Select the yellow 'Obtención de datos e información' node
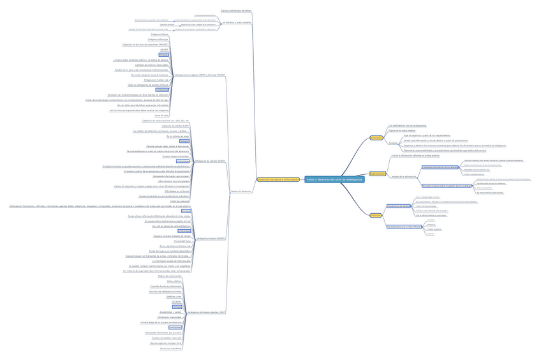(x=278, y=179)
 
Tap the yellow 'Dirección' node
(x=376, y=138)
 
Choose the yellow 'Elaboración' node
(x=377, y=174)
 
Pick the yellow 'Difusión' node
(x=375, y=216)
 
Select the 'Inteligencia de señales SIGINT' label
(x=210, y=161)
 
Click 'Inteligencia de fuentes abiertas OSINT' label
(x=207, y=313)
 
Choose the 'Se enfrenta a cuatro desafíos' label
(x=237, y=22)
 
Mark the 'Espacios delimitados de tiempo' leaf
(x=236, y=11)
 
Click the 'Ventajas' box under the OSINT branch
(x=177, y=307)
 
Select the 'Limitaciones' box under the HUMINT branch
(x=167, y=231)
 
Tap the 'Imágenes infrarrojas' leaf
(x=159, y=39)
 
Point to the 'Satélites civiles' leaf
(x=174, y=297)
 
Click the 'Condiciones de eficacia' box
(x=398, y=206)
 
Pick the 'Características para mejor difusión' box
(x=404, y=227)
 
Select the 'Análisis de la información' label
(x=403, y=176)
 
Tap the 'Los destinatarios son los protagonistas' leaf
(x=407, y=126)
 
